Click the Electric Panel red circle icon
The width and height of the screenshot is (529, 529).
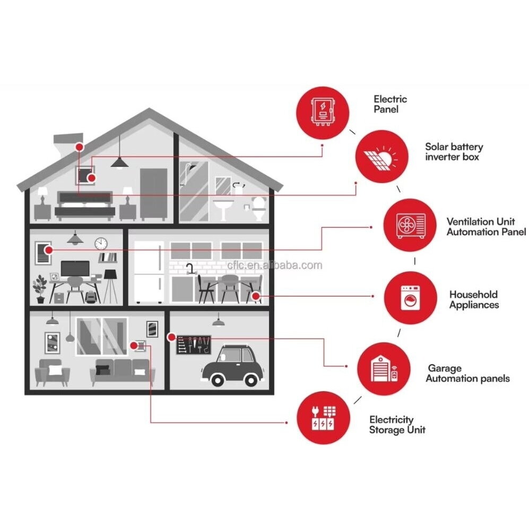tap(323, 113)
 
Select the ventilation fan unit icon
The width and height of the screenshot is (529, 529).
tap(410, 225)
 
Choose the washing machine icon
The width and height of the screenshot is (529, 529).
tap(411, 298)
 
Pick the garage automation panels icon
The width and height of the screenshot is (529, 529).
tap(384, 369)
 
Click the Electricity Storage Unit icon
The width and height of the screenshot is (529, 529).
tap(323, 418)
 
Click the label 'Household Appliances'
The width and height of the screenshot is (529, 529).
tap(474, 300)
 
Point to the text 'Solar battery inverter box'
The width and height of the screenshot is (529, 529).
tap(454, 152)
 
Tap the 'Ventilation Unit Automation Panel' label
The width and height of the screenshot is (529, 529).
tap(486, 227)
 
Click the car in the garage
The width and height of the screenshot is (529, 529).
tap(232, 366)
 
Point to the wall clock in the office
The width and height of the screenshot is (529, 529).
tap(101, 244)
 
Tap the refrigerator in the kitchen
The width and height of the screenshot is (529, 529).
tap(149, 272)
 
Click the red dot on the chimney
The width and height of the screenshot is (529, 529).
tap(80, 147)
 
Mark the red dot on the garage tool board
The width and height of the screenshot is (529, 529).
tap(171, 337)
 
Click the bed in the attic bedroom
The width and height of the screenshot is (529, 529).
tap(85, 206)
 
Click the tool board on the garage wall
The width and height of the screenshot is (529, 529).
tap(194, 345)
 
